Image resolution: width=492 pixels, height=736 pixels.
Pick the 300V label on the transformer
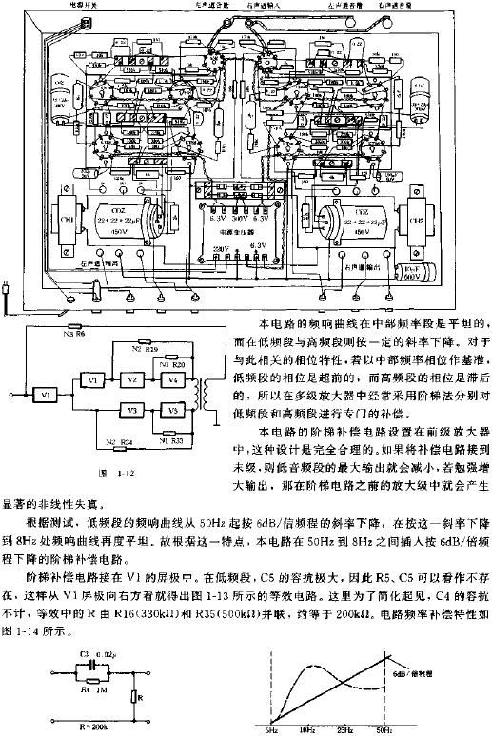tap(244, 218)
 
